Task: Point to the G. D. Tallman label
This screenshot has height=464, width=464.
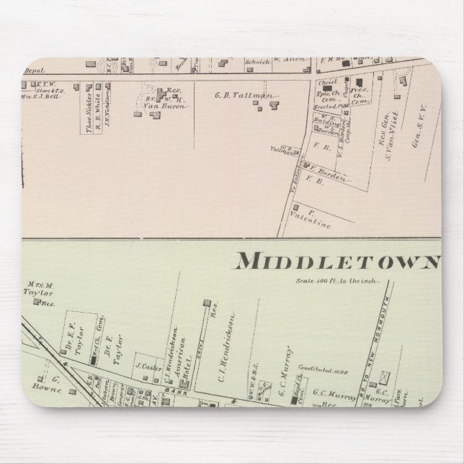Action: coord(232,95)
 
